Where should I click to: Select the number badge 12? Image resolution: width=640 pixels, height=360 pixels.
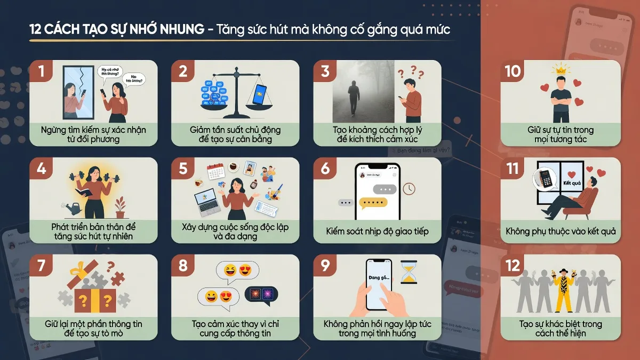click(x=513, y=265)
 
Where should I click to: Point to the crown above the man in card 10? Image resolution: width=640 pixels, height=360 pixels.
click(x=560, y=69)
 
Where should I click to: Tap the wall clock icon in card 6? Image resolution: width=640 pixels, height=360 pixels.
click(x=409, y=189)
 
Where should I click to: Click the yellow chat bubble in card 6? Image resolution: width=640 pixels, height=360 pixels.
click(x=373, y=203)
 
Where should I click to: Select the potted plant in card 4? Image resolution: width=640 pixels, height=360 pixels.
click(x=121, y=207)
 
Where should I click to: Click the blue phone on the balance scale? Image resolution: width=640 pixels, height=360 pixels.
click(x=260, y=94)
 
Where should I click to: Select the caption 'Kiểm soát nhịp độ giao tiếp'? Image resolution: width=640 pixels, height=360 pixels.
click(x=377, y=231)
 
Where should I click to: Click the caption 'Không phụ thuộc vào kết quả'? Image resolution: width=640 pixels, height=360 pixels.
click(x=561, y=231)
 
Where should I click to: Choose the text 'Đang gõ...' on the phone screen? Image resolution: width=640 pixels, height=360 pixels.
click(x=379, y=278)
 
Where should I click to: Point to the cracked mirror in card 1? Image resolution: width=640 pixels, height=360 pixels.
click(x=78, y=92)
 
